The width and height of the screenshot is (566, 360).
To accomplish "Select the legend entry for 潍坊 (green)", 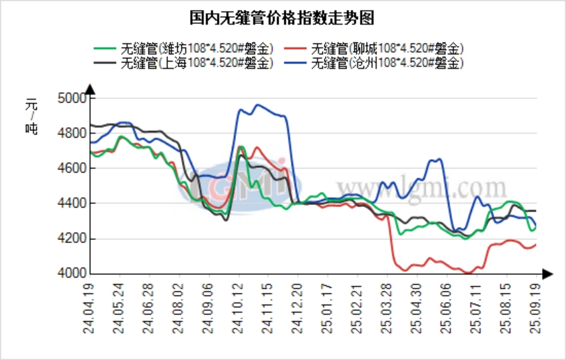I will [185, 49].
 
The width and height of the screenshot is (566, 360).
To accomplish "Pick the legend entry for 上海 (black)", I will [185, 63].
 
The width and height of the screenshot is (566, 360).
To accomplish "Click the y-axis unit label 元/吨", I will [31, 117].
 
